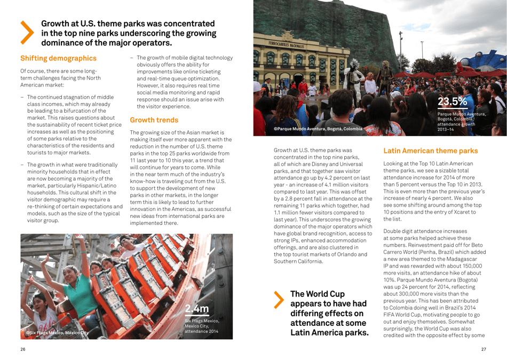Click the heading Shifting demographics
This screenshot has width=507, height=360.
[x=58, y=58]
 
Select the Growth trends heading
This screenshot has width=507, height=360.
[x=154, y=120]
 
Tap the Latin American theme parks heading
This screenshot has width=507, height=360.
[x=430, y=151]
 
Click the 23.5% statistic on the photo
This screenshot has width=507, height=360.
[x=452, y=101]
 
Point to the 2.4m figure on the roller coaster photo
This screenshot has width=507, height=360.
[x=197, y=308]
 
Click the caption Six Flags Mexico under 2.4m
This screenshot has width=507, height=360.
[x=202, y=320]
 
